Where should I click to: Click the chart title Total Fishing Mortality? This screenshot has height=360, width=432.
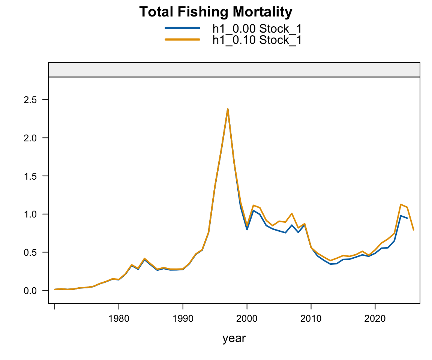pyautogui.click(x=216, y=12)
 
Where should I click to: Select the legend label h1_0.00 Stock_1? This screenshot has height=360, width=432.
pyautogui.click(x=257, y=28)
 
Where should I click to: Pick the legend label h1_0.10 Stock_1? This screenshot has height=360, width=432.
pyautogui.click(x=257, y=40)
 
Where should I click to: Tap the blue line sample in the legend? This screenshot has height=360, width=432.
pyautogui.click(x=182, y=28)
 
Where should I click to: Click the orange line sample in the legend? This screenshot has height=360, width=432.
pyautogui.click(x=182, y=40)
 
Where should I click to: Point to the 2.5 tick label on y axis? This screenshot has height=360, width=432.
pyautogui.click(x=30, y=100)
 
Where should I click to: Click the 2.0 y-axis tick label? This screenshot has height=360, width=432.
pyautogui.click(x=30, y=138)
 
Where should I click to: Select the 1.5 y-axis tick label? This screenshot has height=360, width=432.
pyautogui.click(x=30, y=176)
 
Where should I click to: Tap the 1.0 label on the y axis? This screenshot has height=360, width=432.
pyautogui.click(x=30, y=214)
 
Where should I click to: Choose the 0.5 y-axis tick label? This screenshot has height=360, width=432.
pyautogui.click(x=30, y=253)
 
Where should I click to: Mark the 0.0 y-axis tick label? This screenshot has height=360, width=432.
pyautogui.click(x=30, y=291)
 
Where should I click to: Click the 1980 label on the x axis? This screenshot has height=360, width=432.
pyautogui.click(x=119, y=319)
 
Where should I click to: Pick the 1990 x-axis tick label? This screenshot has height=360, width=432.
pyautogui.click(x=183, y=319)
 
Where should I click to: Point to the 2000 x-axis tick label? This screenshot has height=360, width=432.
pyautogui.click(x=247, y=319)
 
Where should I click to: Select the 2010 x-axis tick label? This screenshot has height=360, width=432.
pyautogui.click(x=311, y=319)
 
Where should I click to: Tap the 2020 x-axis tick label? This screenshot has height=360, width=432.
pyautogui.click(x=375, y=319)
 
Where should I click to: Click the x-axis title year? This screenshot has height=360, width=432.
pyautogui.click(x=234, y=338)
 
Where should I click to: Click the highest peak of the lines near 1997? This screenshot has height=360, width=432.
pyautogui.click(x=228, y=109)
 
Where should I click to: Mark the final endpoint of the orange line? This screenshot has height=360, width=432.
pyautogui.click(x=414, y=230)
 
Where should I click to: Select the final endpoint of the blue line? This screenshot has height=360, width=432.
pyautogui.click(x=407, y=218)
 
